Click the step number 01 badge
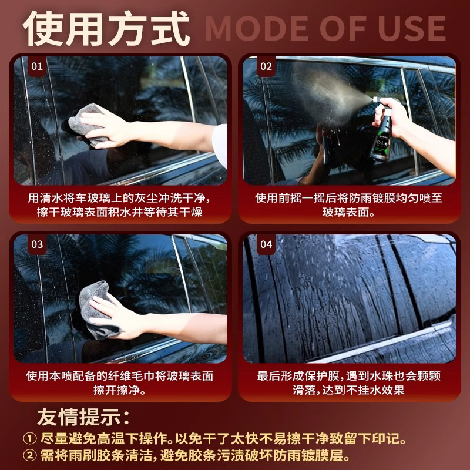point(37,66)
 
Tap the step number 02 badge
point(266,66)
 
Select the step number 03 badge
point(37,244)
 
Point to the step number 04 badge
point(266,244)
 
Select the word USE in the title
point(412,29)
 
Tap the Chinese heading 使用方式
point(106,28)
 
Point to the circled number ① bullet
point(30,439)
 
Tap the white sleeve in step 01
point(220,145)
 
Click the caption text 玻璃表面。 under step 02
point(348,212)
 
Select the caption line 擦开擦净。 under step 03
point(119,390)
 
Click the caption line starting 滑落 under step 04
point(348,390)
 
